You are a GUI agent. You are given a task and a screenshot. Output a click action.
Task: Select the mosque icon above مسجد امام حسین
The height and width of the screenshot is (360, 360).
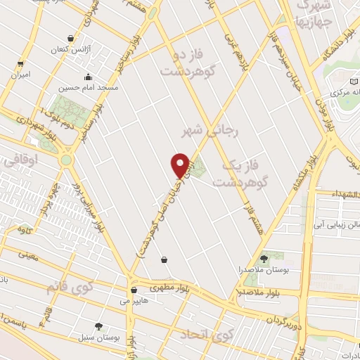coord(88,77)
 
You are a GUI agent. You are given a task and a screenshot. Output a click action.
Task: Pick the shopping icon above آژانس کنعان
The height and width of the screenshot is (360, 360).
coord(70,39)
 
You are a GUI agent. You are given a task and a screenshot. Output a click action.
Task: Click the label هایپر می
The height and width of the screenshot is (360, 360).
coord(134,300)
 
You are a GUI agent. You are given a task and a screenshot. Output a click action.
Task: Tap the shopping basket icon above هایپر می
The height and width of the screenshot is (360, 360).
coord(134,290)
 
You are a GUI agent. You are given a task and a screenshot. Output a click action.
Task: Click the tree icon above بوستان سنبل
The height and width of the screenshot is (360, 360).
coord(98,326)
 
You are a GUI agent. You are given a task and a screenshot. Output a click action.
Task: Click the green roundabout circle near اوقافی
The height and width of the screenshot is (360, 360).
coord(65,160)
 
